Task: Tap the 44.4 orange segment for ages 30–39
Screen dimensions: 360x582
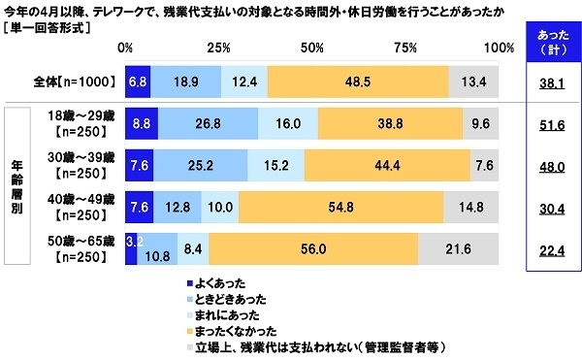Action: [x=387, y=165]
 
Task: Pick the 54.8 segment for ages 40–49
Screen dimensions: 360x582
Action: [x=340, y=206]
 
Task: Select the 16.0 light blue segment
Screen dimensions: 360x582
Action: [x=288, y=125]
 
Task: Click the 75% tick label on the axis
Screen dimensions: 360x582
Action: [x=406, y=48]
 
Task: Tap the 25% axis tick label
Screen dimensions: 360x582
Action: [x=219, y=48]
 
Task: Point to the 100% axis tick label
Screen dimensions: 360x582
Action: [x=499, y=48]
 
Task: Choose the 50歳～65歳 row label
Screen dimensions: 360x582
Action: [x=81, y=247]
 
